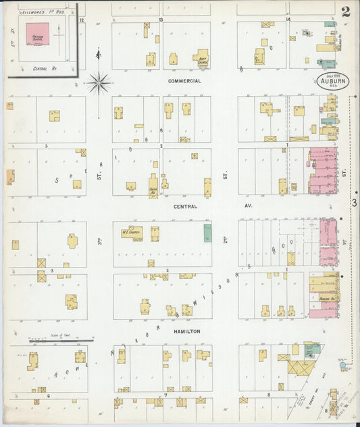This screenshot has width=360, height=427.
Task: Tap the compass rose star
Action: [x=99, y=83]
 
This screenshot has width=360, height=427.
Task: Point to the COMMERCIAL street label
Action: [x=185, y=80]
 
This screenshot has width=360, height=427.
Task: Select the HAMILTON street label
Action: [x=187, y=331]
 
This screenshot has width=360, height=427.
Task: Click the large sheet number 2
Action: [x=346, y=11]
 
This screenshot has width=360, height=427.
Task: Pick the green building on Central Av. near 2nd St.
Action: [x=207, y=233]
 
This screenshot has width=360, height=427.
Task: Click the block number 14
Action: [x=288, y=20]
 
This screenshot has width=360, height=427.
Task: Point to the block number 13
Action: [x=161, y=20]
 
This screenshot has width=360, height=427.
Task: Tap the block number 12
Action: [x=81, y=20]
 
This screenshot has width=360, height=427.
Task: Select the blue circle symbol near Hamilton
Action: [x=343, y=366]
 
